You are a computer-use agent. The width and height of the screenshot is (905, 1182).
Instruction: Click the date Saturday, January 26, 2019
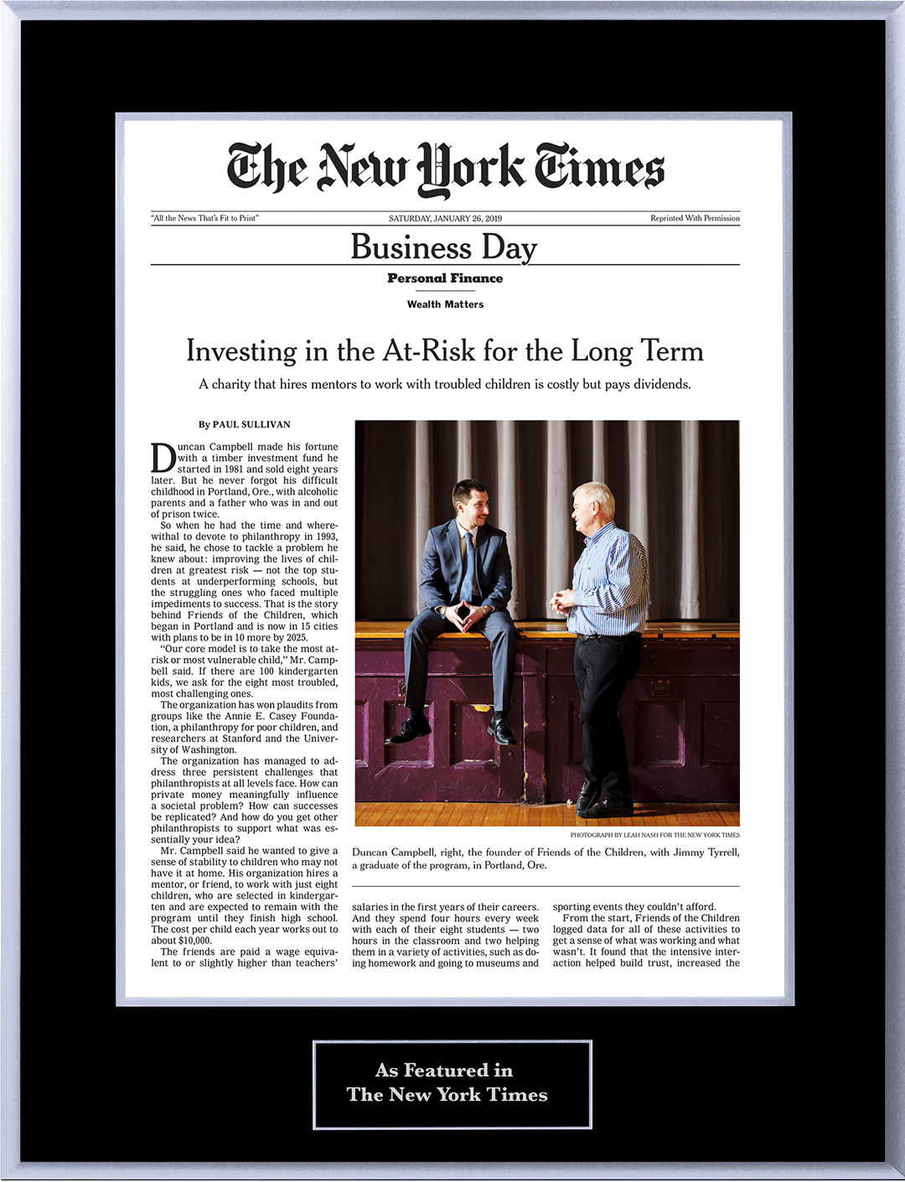[445, 219]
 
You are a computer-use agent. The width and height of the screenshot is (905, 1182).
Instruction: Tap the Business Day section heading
[444, 247]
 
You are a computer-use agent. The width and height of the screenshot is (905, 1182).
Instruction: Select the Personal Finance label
[445, 278]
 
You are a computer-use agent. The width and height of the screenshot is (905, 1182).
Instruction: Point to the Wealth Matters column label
[445, 304]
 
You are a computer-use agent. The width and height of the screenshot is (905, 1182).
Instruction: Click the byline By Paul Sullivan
[245, 424]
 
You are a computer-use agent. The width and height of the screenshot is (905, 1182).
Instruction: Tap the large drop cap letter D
[163, 458]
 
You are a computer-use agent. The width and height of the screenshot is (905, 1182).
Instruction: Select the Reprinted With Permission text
[695, 219]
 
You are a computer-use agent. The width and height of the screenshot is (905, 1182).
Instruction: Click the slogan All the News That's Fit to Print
[205, 219]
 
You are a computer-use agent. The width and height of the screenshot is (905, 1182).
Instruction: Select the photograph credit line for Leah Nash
[654, 835]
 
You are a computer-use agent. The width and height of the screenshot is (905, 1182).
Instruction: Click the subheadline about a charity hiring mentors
[445, 384]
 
